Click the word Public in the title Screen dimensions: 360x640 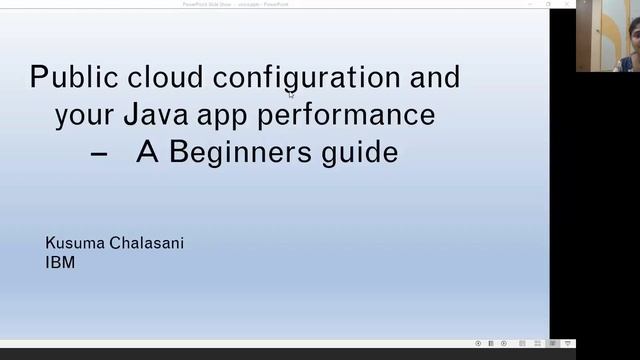click(x=67, y=77)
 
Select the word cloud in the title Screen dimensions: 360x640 click(x=159, y=77)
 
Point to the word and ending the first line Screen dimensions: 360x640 click(x=435, y=77)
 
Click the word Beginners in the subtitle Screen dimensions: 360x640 click(x=237, y=153)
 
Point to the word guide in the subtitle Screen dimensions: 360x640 click(x=356, y=153)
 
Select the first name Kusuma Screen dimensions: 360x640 click(x=76, y=243)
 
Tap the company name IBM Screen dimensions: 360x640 click(x=60, y=263)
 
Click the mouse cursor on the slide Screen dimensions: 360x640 click(x=291, y=95)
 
